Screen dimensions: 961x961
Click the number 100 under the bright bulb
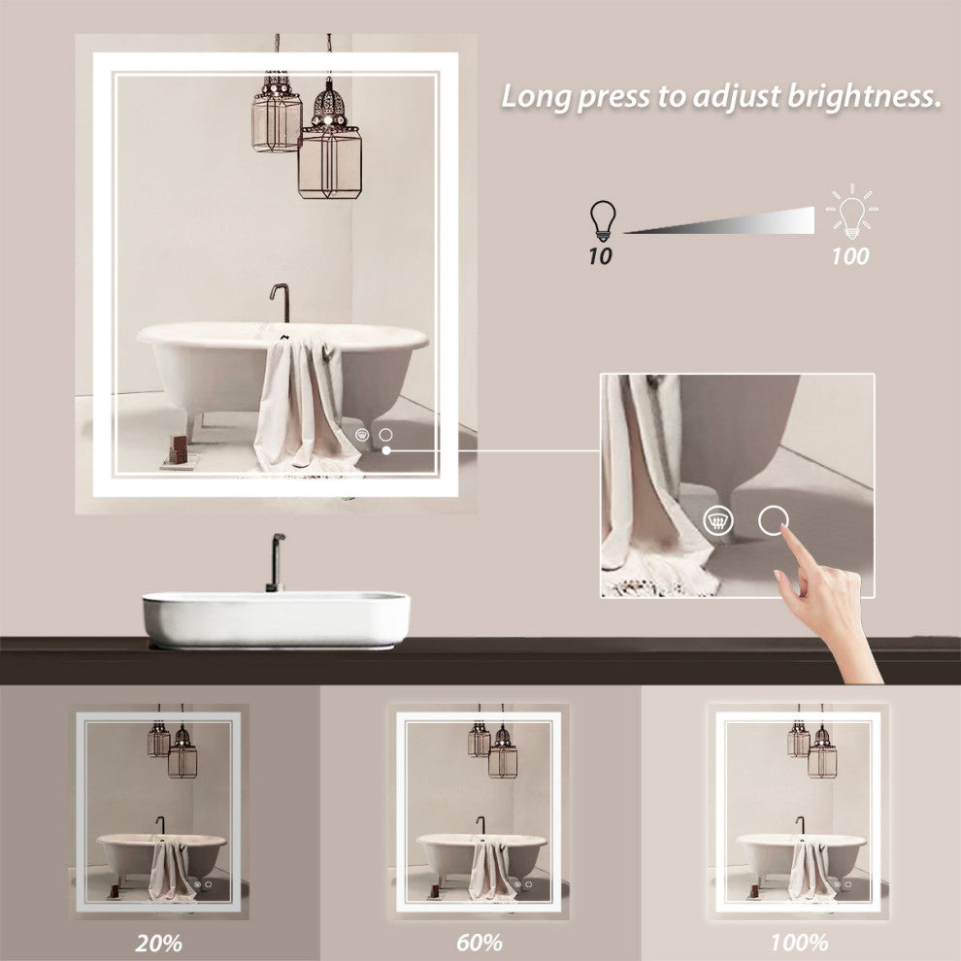point(850,256)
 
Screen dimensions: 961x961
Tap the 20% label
point(158,942)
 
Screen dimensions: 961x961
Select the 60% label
point(479,942)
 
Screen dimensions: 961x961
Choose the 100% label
point(799,942)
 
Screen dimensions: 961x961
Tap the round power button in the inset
point(773,520)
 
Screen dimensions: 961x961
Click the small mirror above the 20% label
point(158,812)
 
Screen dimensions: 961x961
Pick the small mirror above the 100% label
point(799,812)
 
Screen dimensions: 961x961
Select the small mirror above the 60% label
point(479,812)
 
